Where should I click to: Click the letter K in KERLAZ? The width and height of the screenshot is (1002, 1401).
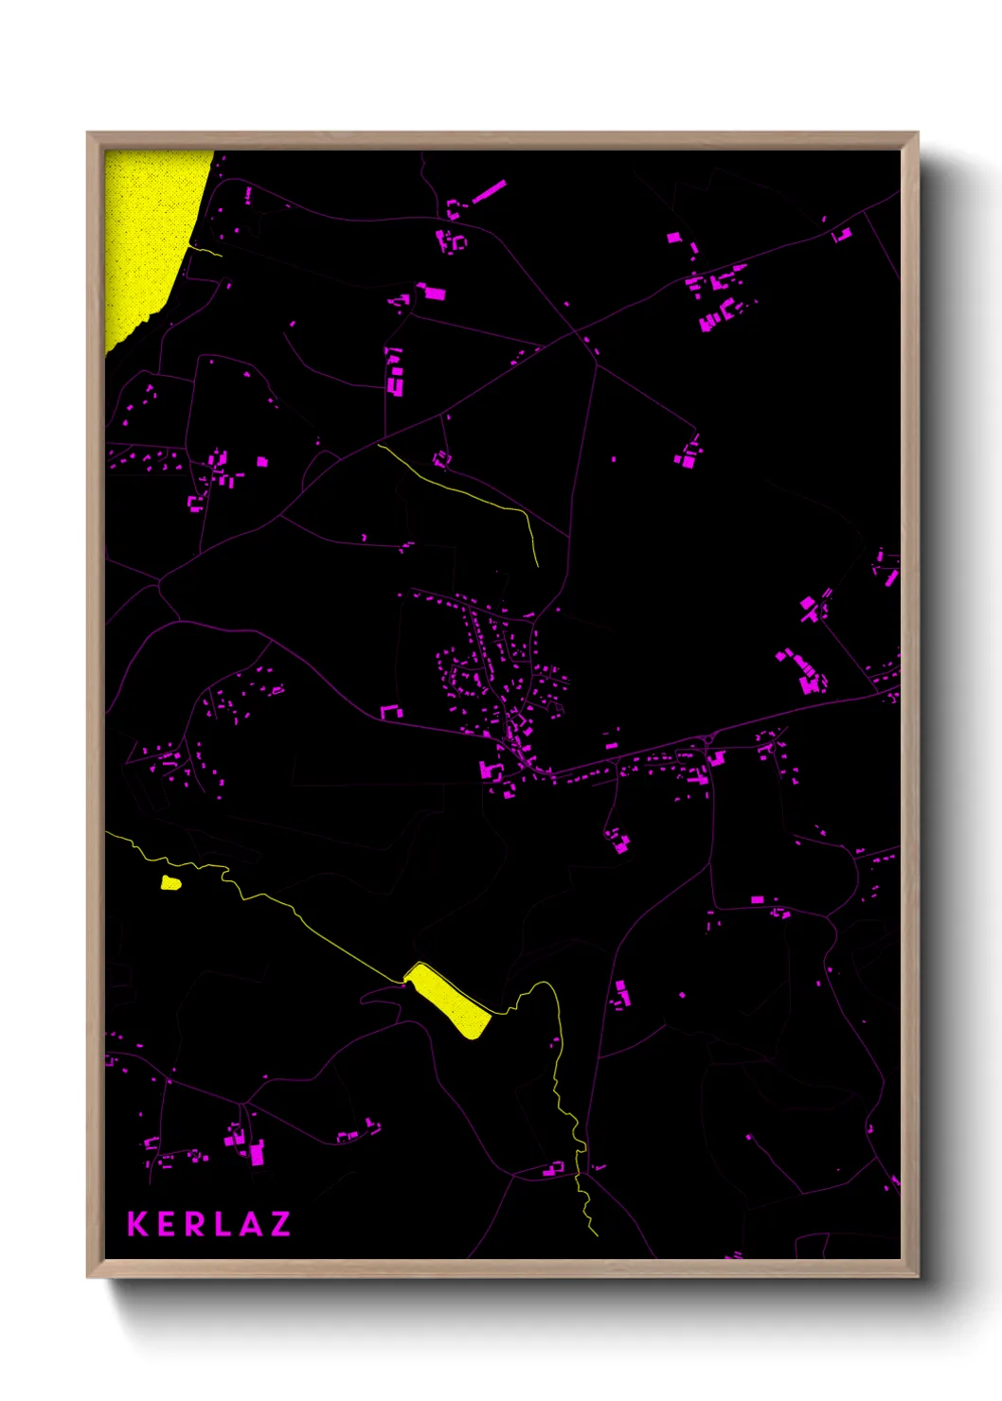coord(138,1224)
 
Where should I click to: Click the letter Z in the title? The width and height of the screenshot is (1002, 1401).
coord(279,1224)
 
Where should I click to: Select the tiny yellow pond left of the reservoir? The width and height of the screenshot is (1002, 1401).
coord(170,883)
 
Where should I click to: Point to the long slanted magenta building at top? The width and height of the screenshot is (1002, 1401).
coord(488,192)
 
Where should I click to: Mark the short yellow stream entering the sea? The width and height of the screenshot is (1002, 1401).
coord(206,251)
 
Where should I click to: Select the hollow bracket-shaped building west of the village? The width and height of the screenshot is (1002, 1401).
coord(390,711)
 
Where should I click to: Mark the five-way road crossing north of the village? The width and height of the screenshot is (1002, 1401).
coord(574,334)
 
